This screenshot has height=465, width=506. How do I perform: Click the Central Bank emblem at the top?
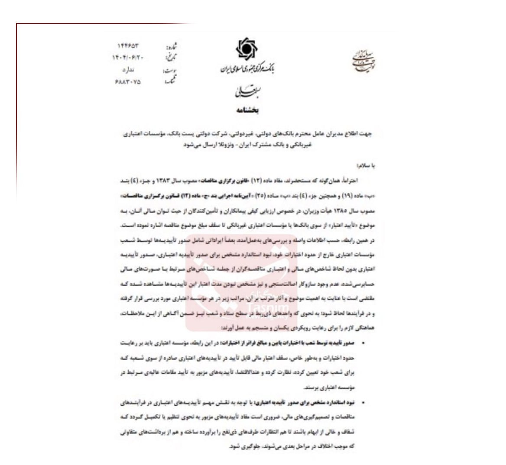click(247, 50)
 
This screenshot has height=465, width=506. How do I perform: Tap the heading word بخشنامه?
click(248, 110)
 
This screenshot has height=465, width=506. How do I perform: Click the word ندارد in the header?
click(129, 69)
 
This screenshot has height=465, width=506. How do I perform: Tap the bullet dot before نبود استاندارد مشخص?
click(363, 403)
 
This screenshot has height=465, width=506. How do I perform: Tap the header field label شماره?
click(172, 46)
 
